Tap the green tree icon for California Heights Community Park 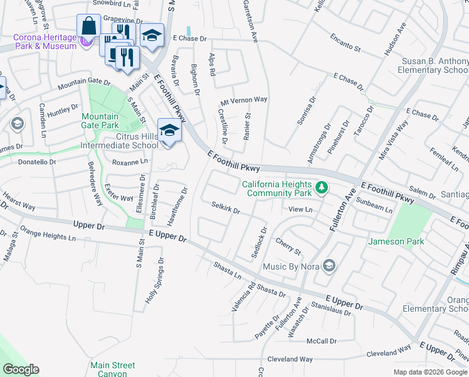(x=322, y=187)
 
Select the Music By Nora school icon (x=329, y=266)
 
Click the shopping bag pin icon (x=88, y=27)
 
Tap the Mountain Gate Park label (x=100, y=121)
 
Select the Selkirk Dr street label (x=226, y=207)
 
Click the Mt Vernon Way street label (x=244, y=100)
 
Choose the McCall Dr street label (x=321, y=341)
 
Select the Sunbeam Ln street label (x=374, y=205)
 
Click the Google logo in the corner (x=21, y=369)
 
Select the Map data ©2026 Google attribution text (x=429, y=372)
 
